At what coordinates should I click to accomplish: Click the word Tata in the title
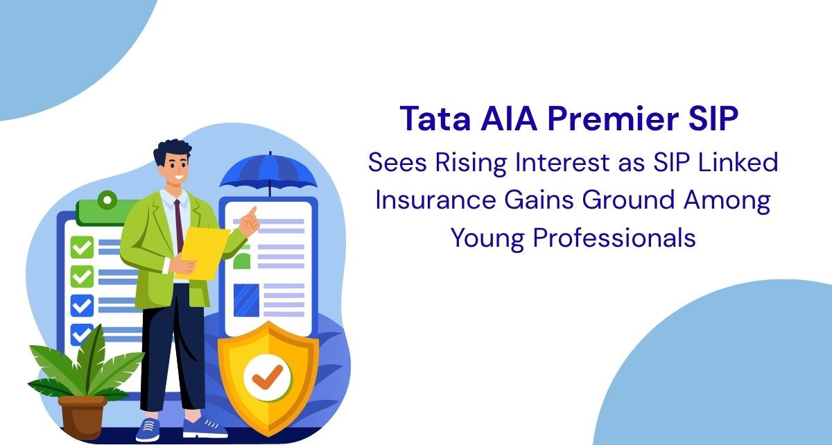pyautogui.click(x=435, y=119)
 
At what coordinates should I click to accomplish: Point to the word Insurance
pyautogui.click(x=435, y=200)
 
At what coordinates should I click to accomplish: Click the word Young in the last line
pyautogui.click(x=487, y=238)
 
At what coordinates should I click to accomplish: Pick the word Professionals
pyautogui.click(x=614, y=237)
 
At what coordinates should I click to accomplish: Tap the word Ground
pyautogui.click(x=628, y=200)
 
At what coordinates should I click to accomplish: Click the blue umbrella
pyautogui.click(x=268, y=172)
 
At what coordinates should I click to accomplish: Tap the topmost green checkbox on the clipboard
pyautogui.click(x=82, y=247)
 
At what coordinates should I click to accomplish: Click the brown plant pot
pyautogui.click(x=83, y=417)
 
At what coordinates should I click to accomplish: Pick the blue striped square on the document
pyautogui.click(x=246, y=301)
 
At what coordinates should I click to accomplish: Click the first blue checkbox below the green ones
pyautogui.click(x=82, y=306)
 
